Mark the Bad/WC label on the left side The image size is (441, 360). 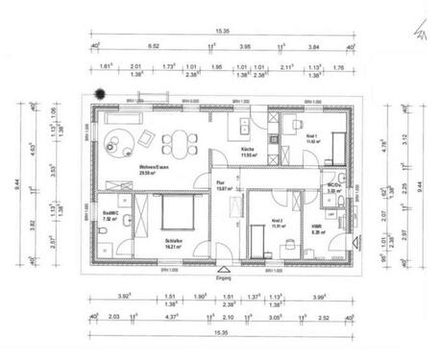pos(109,217)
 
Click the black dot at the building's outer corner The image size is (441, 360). pos(98,92)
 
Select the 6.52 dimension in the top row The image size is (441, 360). pos(154,45)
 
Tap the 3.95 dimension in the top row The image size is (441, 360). pos(245,45)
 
